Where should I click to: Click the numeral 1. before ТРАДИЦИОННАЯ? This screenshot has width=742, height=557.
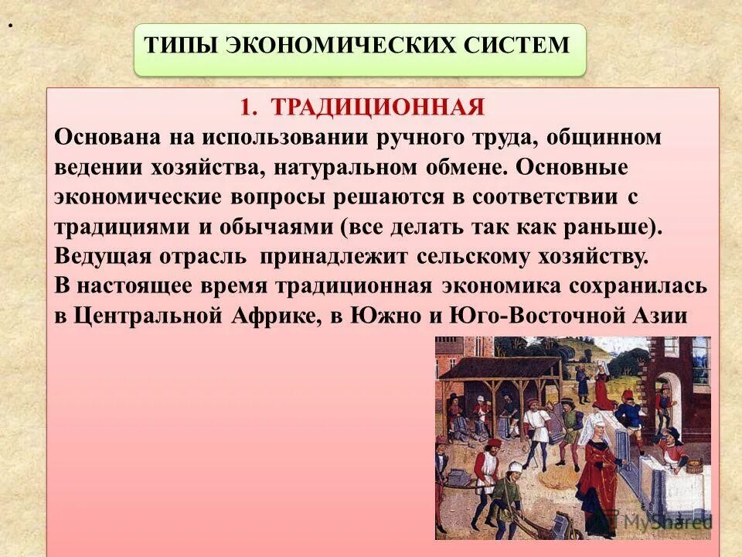point(247,108)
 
